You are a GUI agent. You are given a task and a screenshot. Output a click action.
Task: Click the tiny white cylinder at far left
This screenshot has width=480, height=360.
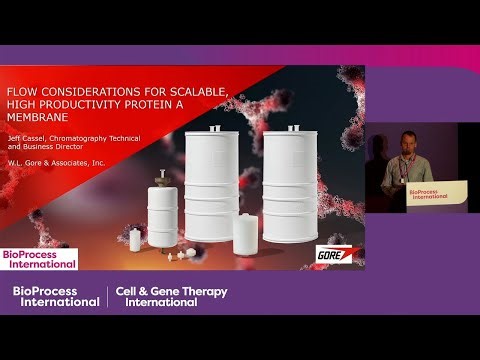[134, 240]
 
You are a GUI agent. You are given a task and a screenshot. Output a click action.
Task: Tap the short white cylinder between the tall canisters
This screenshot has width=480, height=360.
[245, 234]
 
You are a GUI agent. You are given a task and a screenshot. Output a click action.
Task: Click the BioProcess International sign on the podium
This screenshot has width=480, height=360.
[433, 196]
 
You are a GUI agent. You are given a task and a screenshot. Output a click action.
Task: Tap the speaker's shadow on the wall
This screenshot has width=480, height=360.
[379, 165]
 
